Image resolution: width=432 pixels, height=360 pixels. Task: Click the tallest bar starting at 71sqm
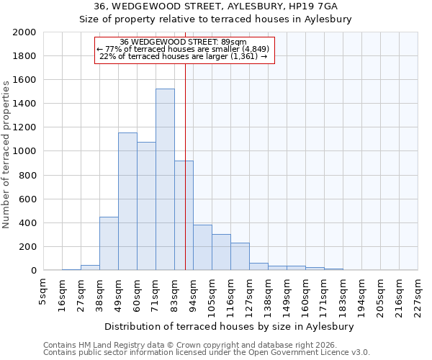(x=165, y=179)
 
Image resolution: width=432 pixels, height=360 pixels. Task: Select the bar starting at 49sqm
(x=127, y=202)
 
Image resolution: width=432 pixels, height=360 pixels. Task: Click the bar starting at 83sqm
(x=184, y=215)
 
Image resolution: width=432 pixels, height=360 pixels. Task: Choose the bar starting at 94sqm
(x=202, y=248)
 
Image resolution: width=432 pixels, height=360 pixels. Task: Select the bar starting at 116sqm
(x=240, y=256)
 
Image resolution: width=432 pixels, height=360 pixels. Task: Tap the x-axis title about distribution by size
(x=234, y=326)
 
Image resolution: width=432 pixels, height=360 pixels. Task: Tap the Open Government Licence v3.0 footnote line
(x=207, y=352)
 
